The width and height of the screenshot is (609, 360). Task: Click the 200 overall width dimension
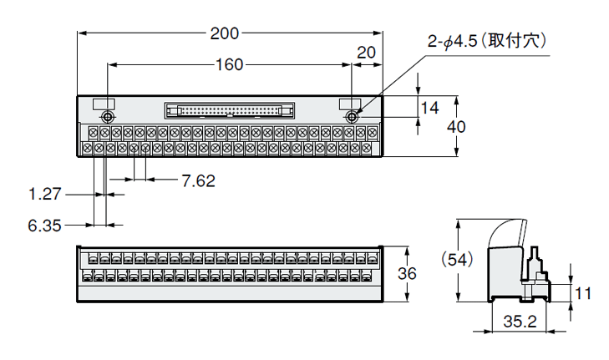click(x=225, y=33)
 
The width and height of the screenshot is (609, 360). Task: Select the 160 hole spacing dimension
click(x=229, y=64)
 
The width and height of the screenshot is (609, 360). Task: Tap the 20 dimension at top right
click(x=366, y=52)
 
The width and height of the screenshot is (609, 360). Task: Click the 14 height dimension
click(x=429, y=107)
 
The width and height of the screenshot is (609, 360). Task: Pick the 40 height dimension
click(x=478, y=126)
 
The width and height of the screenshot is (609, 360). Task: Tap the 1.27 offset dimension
click(x=45, y=194)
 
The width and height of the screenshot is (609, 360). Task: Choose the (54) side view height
click(x=458, y=260)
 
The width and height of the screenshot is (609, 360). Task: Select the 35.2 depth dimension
click(x=520, y=321)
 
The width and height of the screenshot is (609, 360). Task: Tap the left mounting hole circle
click(x=109, y=116)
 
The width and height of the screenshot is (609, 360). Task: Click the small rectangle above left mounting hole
click(x=102, y=103)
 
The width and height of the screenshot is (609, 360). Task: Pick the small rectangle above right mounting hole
click(x=350, y=103)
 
